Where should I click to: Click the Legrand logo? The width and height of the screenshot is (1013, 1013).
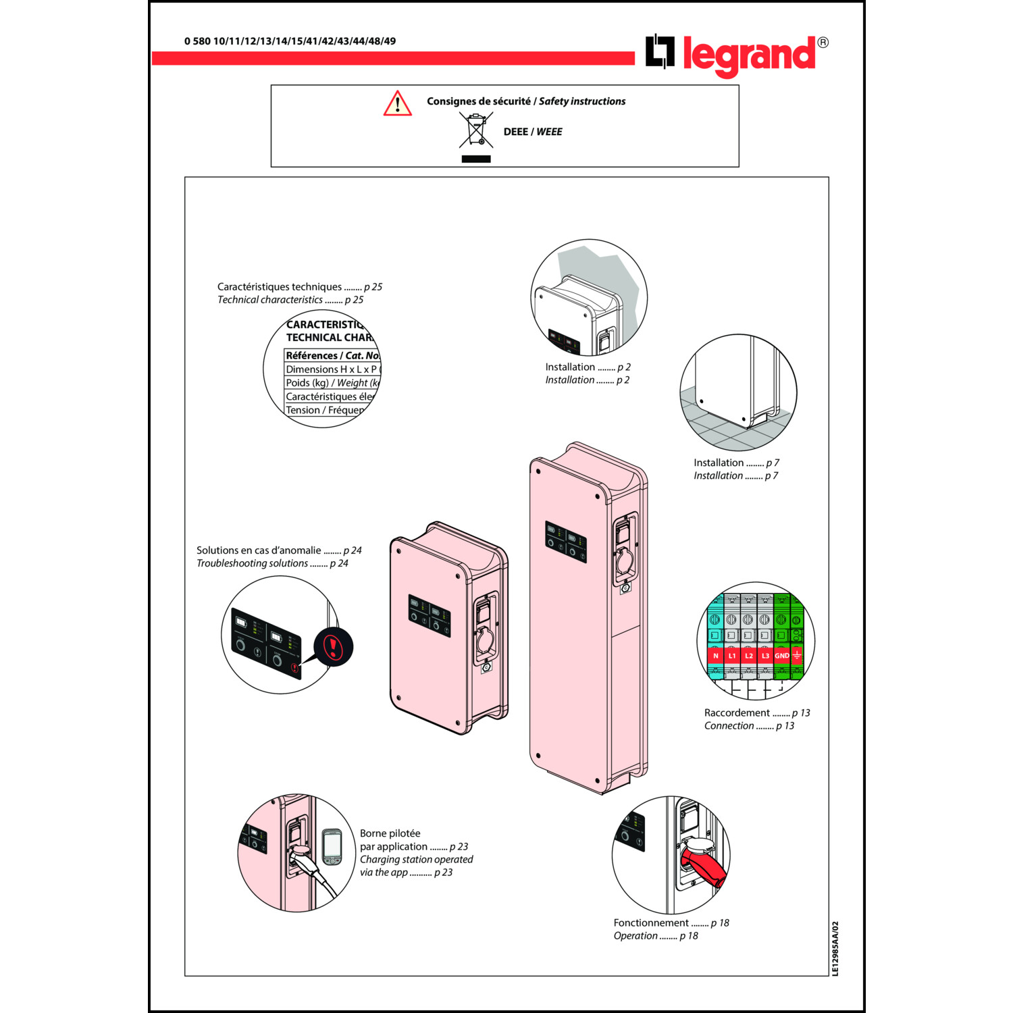736,54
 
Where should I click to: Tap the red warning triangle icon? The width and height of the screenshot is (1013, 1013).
398,104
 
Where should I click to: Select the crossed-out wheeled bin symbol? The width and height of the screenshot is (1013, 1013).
476,130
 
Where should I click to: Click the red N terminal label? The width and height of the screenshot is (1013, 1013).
716,656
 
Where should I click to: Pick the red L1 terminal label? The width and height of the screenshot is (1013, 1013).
732,656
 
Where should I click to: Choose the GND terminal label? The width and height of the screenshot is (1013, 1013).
781,656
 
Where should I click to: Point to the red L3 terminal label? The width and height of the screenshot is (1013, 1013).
765,656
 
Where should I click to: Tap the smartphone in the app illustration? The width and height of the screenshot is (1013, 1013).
332,847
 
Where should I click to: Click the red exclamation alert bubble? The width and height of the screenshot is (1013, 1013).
333,646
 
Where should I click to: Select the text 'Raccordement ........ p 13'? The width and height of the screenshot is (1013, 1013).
756,712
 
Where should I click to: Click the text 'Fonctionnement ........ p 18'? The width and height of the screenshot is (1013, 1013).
671,923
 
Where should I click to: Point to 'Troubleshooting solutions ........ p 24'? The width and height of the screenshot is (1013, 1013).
272,563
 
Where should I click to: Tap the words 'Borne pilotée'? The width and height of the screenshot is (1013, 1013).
390,833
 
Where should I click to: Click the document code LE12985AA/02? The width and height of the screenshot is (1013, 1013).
835,948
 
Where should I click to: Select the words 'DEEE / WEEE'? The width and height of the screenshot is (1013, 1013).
532,132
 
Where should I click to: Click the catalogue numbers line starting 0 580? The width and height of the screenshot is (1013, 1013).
290,41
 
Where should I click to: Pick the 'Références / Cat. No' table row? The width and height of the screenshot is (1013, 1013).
332,355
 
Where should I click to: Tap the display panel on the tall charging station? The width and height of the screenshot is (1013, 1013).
566,542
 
